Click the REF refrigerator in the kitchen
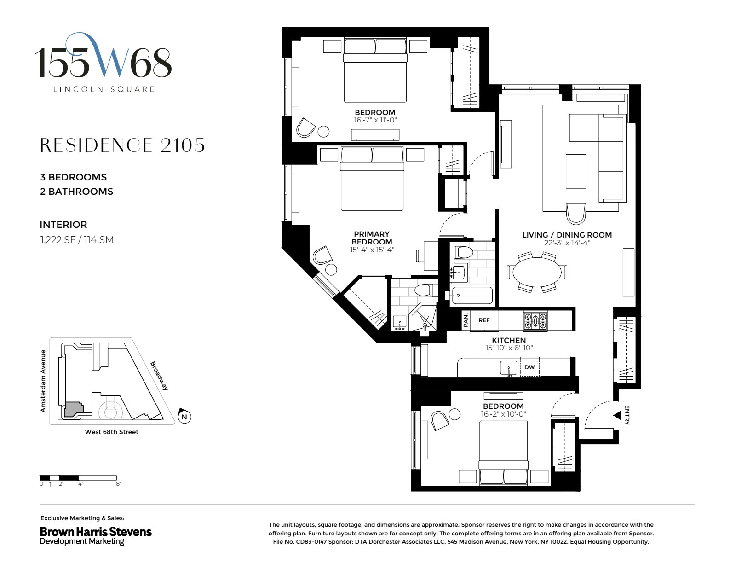[484, 320]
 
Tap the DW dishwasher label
[529, 367]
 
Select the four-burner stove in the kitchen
[535, 321]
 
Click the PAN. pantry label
[466, 320]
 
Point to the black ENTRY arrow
[617, 416]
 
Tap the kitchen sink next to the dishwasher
[509, 368]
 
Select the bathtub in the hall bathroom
[471, 296]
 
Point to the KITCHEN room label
[509, 340]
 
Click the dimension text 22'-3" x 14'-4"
[567, 243]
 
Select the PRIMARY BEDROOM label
[372, 238]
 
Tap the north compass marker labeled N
[184, 417]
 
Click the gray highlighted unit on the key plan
[73, 409]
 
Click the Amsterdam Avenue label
[43, 381]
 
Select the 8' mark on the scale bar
[118, 484]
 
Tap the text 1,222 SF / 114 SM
[77, 239]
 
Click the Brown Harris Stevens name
[96, 532]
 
